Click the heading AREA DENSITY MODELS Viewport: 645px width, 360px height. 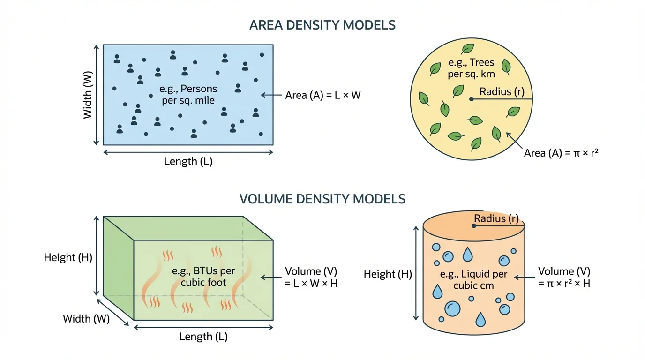[x=322, y=25]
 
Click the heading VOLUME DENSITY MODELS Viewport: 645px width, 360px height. [x=322, y=199]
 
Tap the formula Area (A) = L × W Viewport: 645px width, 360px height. [x=323, y=95]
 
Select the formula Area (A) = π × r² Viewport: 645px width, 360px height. [x=562, y=153]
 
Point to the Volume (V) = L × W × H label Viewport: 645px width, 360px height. [x=311, y=277]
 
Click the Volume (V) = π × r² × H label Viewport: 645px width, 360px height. [x=564, y=277]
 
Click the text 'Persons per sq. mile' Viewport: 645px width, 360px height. [x=188, y=94]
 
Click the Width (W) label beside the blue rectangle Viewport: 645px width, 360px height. [x=88, y=95]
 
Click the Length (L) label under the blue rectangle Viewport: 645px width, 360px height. [x=188, y=162]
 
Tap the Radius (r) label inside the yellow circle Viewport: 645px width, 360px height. [x=502, y=92]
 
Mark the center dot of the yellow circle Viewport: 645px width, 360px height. [x=471, y=99]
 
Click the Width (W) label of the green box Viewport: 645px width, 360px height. [x=86, y=319]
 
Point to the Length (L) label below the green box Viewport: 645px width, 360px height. [x=203, y=337]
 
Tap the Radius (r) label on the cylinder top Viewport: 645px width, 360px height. [x=496, y=218]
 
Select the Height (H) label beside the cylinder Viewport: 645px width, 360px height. [x=388, y=274]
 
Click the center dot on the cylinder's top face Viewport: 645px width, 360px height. [x=474, y=225]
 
